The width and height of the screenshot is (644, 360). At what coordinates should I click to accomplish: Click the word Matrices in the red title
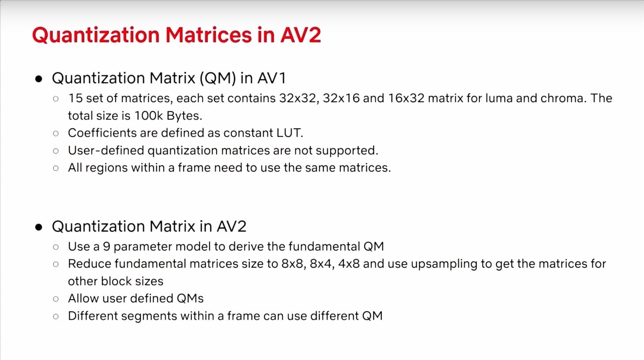pyautogui.click(x=209, y=35)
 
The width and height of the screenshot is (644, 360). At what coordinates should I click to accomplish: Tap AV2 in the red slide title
pyautogui.click(x=301, y=35)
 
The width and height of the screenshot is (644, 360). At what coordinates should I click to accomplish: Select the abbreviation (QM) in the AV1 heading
pyautogui.click(x=218, y=78)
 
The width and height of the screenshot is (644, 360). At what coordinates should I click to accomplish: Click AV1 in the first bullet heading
pyautogui.click(x=271, y=78)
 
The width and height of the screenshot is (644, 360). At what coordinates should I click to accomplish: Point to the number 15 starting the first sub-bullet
pyautogui.click(x=75, y=98)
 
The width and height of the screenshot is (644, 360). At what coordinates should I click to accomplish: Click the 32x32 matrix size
pyautogui.click(x=300, y=98)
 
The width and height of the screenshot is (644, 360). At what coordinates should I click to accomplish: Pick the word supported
pyautogui.click(x=347, y=151)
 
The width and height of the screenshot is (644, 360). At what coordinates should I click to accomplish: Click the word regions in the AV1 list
pyautogui.click(x=106, y=168)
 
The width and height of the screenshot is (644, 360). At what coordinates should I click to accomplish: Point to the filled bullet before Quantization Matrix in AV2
pyautogui.click(x=38, y=227)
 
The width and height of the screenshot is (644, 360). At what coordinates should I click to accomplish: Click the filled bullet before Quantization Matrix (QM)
pyautogui.click(x=38, y=79)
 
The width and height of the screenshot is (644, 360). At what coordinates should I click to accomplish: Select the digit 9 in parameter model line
pyautogui.click(x=106, y=247)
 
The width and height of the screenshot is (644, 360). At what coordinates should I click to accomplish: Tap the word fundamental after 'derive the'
pyautogui.click(x=324, y=247)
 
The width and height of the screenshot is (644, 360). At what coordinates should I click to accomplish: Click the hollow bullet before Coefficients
pyautogui.click(x=56, y=133)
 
